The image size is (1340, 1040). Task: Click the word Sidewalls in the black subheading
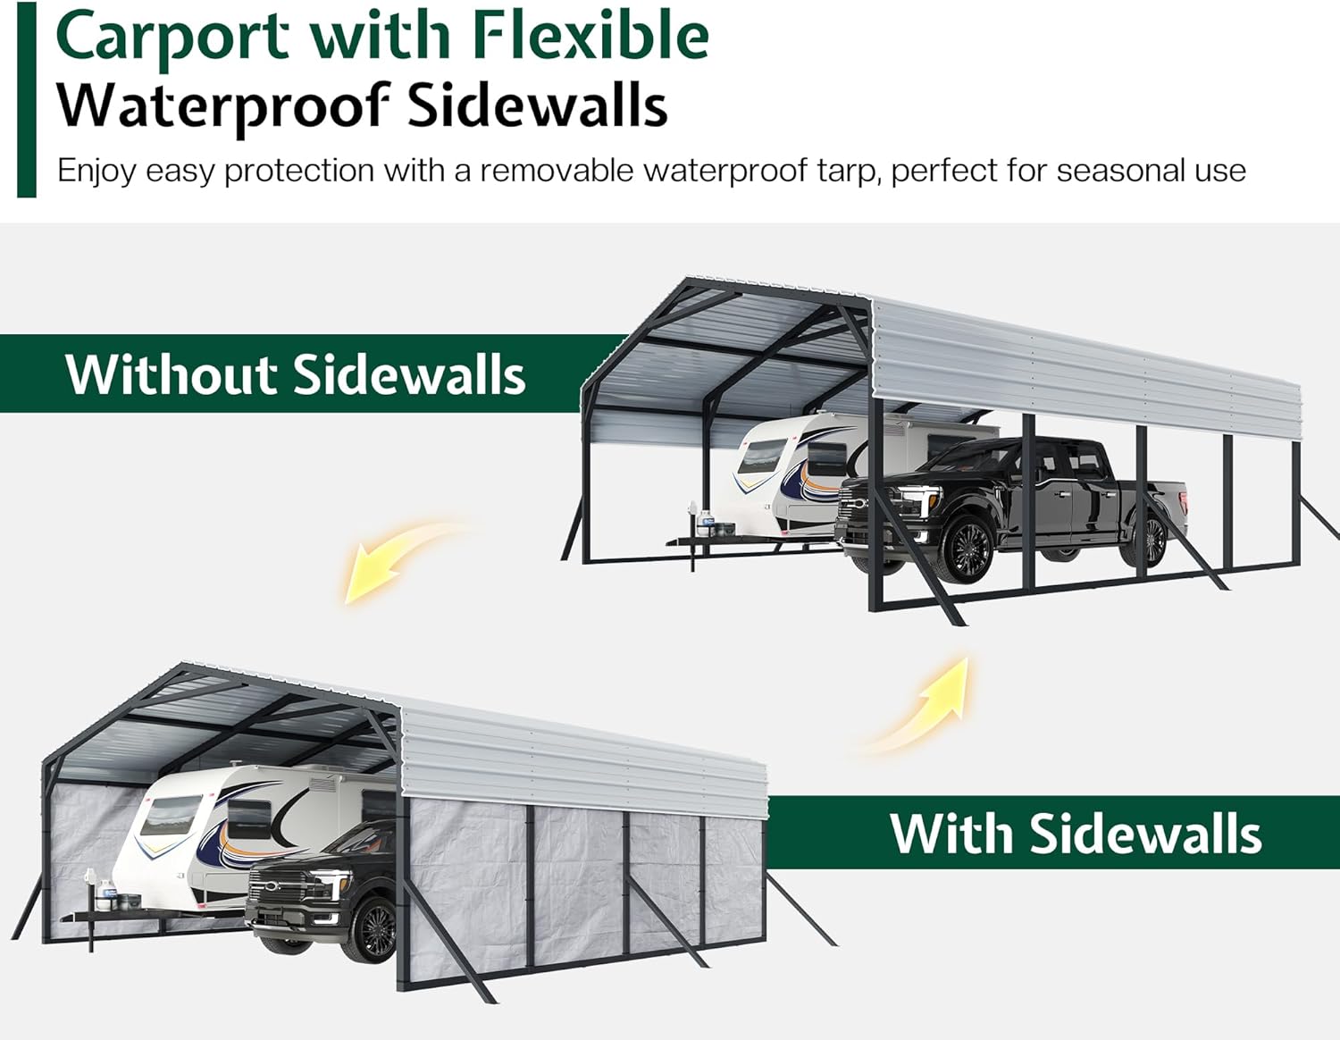click(537, 105)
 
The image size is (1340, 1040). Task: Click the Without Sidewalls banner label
click(295, 374)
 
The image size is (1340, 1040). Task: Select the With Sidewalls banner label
click(1076, 834)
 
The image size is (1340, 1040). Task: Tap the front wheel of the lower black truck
click(375, 929)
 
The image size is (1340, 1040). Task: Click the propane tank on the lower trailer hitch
click(107, 888)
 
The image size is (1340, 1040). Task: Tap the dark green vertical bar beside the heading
click(27, 98)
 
